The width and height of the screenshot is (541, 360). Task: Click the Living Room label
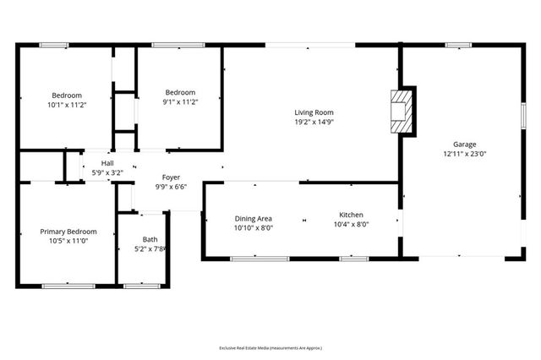314,112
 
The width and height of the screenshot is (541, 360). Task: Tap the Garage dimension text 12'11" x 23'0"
464,155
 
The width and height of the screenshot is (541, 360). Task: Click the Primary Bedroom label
68,232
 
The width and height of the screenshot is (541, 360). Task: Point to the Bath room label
150,240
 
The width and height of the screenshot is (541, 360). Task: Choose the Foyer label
171,177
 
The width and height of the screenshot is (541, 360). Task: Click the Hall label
107,163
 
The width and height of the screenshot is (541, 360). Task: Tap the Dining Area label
253,218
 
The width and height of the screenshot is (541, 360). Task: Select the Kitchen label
351,215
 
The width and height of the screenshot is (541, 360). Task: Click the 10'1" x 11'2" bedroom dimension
67,105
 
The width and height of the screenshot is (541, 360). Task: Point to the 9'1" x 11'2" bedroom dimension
180,102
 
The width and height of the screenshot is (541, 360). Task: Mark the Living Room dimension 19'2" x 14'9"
314,122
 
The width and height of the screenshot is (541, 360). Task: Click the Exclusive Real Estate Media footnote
270,347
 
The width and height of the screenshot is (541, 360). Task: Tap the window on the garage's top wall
458,45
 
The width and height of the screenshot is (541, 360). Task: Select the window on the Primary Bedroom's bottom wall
68,286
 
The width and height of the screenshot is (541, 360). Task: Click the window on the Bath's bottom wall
142,286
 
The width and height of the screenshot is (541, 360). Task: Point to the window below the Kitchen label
352,258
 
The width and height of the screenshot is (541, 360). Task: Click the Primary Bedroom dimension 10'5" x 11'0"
68,241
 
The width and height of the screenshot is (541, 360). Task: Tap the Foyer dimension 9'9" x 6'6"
171,187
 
